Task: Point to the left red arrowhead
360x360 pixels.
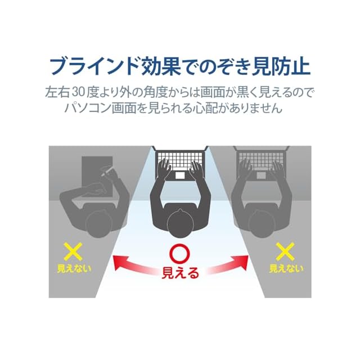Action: click(117, 261)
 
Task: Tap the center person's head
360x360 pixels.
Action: click(180, 221)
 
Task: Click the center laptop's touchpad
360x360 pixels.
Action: click(180, 175)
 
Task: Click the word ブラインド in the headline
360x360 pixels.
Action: click(96, 66)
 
